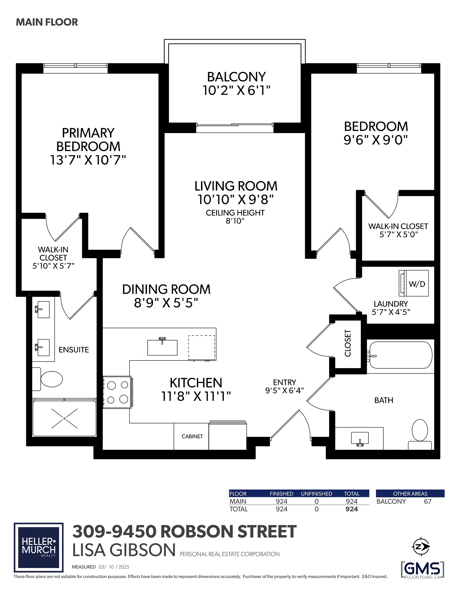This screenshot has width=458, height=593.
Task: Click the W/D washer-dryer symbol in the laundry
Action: click(413, 283)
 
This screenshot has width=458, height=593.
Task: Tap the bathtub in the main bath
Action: click(400, 355)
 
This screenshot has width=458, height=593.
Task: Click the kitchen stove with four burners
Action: click(117, 392)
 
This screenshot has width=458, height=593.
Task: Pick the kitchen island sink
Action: click(162, 347)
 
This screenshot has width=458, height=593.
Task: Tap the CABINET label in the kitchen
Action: click(192, 436)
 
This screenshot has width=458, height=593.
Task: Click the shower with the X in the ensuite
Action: click(64, 418)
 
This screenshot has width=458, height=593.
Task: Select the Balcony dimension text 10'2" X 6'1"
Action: click(237, 90)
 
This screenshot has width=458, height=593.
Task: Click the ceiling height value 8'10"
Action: click(235, 221)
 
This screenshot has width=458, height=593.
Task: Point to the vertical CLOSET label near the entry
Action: click(348, 343)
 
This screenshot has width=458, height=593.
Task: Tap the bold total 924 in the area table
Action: click(351, 509)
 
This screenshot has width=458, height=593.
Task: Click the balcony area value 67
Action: click(428, 501)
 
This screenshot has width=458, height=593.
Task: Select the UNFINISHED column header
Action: click(316, 494)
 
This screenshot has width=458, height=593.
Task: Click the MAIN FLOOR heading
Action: click(47, 22)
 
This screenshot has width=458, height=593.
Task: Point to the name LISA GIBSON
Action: click(124, 550)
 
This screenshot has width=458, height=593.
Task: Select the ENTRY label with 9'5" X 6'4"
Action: click(285, 386)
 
